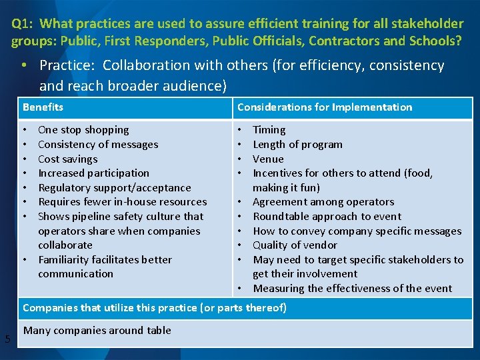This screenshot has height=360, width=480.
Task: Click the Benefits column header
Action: (x=43, y=107)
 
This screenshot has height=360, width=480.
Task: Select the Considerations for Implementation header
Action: (x=325, y=107)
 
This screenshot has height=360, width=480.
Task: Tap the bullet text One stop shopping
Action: (x=83, y=130)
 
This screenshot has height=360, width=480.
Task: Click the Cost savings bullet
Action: (x=67, y=159)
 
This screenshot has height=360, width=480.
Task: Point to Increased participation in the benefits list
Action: (x=93, y=173)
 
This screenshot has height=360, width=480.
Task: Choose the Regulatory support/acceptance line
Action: (x=114, y=188)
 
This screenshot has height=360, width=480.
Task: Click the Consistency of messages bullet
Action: (x=98, y=145)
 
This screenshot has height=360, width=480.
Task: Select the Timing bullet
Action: (x=269, y=130)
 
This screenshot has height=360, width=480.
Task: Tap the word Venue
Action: (x=268, y=159)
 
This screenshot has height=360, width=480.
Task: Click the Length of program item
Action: (x=297, y=145)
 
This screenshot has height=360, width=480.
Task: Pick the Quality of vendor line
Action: (x=295, y=245)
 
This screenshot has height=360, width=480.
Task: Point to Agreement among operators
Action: (x=323, y=202)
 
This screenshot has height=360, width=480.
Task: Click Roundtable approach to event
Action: (x=327, y=217)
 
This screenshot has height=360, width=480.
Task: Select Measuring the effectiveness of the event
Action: (x=352, y=289)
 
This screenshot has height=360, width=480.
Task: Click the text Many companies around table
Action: (x=97, y=331)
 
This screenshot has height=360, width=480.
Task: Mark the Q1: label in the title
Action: (x=23, y=24)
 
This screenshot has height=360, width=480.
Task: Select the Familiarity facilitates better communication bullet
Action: (x=105, y=267)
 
